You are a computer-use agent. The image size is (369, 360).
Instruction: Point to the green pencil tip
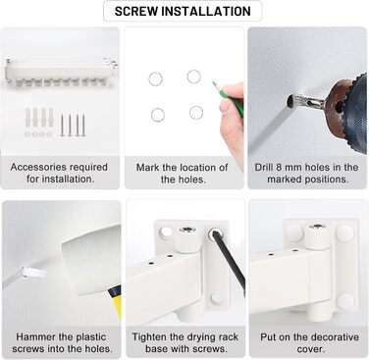tap(214, 83)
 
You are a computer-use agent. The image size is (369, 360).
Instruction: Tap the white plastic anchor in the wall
tap(32, 273)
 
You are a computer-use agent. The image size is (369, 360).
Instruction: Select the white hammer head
tap(91, 259)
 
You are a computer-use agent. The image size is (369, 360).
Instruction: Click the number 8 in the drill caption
tap(279, 167)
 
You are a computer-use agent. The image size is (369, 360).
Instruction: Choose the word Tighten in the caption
tap(149, 336)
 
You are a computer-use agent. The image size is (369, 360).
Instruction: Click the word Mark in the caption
tap(147, 167)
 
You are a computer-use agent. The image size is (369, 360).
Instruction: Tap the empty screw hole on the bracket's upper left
tap(166, 231)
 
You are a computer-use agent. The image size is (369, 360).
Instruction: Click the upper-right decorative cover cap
tap(345, 233)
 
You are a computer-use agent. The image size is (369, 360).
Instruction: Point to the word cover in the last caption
tap(308, 349)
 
